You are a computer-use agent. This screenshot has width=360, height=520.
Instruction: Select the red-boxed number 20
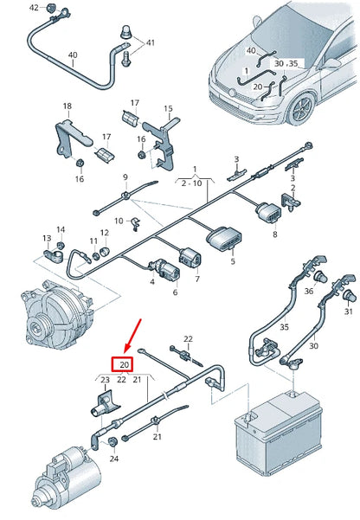123,364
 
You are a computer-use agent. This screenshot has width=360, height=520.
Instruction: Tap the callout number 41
151,42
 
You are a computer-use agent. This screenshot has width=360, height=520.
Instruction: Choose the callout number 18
67,106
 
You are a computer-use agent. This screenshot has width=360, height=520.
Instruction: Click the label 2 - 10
194,183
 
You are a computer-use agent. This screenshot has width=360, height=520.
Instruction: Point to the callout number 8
274,234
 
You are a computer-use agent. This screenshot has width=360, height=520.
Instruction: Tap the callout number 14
61,229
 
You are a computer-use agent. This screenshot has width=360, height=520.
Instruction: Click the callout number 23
106,380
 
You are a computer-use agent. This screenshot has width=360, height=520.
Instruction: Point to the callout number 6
175,292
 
